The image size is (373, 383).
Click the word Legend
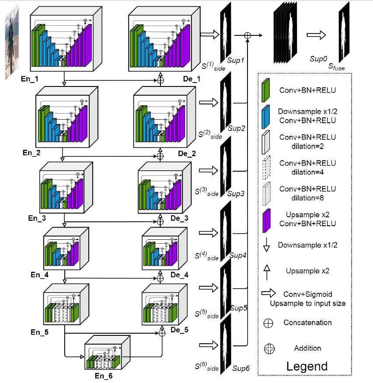click(x=307, y=366)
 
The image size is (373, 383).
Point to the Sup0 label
click(x=317, y=58)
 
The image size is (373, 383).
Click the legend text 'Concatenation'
click(x=307, y=323)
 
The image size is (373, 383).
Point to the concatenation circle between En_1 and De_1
click(x=160, y=80)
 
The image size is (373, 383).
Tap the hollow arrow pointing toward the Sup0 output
click(x=316, y=35)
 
